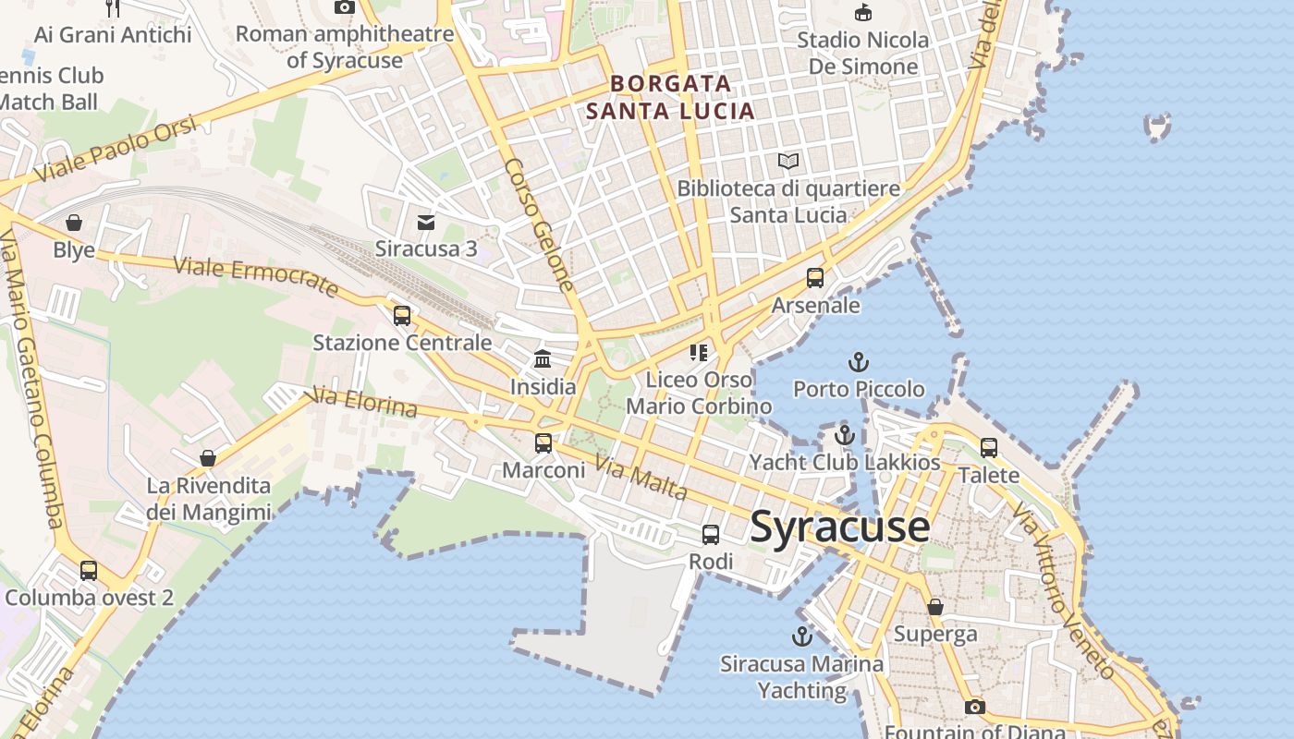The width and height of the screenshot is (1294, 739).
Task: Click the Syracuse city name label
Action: tap(839, 527)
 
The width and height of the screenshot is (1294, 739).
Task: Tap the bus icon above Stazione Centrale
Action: tap(402, 316)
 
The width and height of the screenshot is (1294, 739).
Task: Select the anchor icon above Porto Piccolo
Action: tap(859, 362)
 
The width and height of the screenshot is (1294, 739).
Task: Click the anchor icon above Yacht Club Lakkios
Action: tap(845, 435)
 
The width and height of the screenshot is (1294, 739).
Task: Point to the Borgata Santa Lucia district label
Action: tap(670, 97)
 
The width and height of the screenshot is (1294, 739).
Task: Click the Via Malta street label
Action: tap(641, 478)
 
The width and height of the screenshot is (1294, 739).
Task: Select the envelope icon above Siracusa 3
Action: tap(426, 223)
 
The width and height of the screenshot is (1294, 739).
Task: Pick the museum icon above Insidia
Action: tap(543, 358)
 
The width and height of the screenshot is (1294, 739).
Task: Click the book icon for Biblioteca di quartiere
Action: tap(787, 162)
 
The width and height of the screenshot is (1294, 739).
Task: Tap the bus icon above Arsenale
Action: tap(815, 278)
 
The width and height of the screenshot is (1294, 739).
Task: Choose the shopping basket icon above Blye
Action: tap(74, 223)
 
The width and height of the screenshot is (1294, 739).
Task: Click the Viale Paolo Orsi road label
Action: tap(116, 150)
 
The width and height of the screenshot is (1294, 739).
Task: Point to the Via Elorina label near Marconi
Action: tap(365, 402)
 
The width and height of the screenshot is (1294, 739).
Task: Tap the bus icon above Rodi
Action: tap(711, 535)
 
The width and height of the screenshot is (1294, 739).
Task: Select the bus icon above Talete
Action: tap(989, 448)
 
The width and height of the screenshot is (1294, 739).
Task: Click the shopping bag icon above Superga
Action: tap(935, 607)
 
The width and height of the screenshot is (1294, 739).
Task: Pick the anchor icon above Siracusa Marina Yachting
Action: tap(801, 636)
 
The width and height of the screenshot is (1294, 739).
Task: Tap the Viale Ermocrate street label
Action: tap(256, 277)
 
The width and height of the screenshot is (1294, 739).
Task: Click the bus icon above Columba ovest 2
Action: tap(89, 571)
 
